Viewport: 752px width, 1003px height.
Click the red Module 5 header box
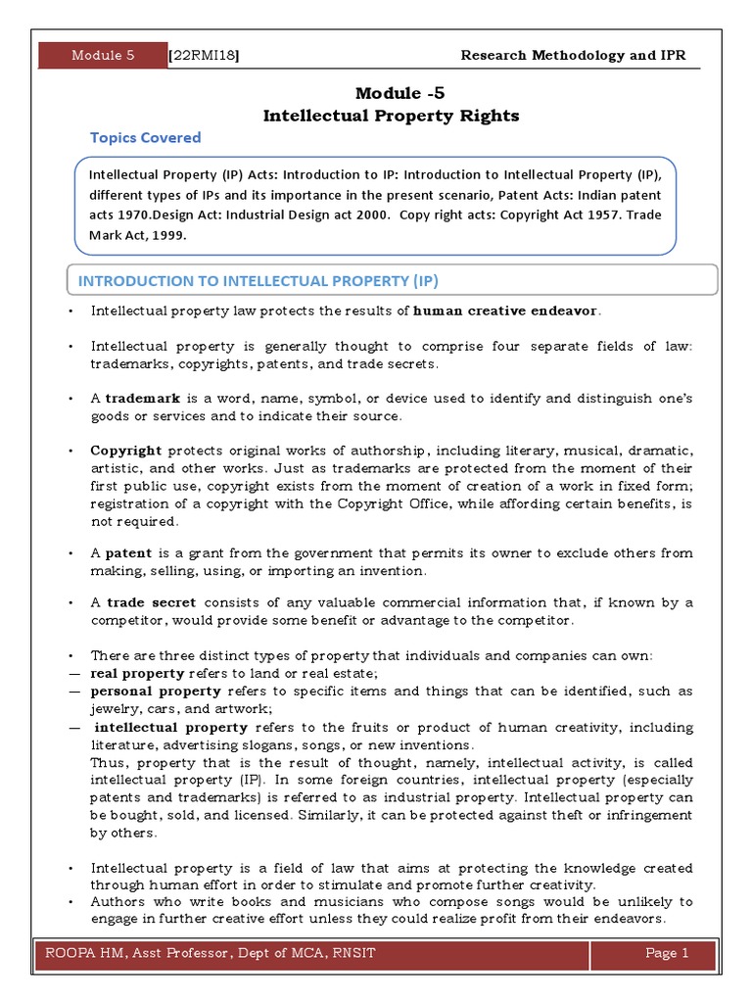(103, 56)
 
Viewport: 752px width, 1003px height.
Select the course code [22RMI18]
(205, 56)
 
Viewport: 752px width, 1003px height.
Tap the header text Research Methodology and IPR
(573, 56)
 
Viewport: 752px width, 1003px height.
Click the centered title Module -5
(392, 93)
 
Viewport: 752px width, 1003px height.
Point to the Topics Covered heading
(145, 138)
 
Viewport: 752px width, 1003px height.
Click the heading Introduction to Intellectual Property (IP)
(258, 281)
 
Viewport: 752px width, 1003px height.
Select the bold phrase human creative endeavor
(504, 311)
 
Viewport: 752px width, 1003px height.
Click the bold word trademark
(136, 399)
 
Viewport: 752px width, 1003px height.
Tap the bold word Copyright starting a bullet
(125, 451)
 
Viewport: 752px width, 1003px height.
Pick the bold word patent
(128, 553)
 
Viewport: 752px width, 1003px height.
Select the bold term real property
(137, 674)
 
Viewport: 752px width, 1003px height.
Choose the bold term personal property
(155, 692)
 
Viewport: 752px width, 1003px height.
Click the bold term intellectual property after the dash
(171, 728)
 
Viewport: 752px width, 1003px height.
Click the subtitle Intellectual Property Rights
(392, 117)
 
